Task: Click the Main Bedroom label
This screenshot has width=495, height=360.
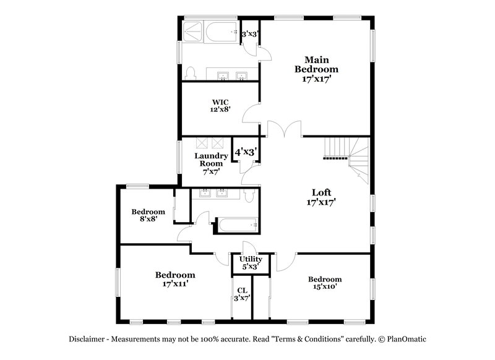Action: pos(317,69)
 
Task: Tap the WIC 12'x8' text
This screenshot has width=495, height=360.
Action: pos(219,105)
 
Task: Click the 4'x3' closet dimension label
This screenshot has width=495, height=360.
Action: pos(245,150)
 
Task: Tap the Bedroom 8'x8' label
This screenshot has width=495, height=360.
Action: pos(148,215)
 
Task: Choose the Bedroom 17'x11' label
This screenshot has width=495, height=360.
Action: pos(175,279)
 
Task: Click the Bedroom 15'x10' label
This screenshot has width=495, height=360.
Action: pos(324,283)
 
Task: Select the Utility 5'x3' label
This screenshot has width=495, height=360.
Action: pos(251,263)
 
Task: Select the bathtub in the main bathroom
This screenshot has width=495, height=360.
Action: pos(220,33)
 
